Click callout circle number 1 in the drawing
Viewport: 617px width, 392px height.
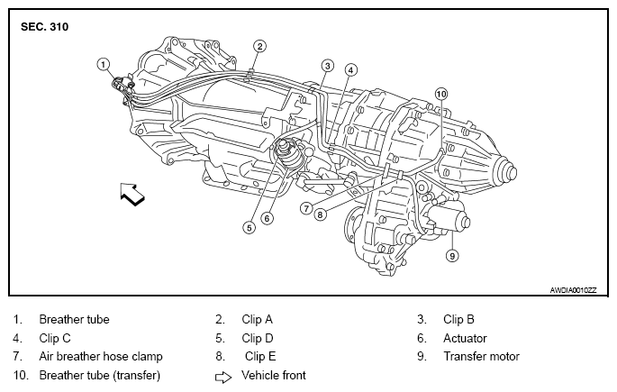click(x=103, y=64)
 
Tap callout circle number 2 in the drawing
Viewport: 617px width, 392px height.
click(x=259, y=47)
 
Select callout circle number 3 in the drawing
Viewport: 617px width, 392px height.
click(x=327, y=66)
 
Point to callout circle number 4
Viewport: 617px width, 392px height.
click(x=351, y=70)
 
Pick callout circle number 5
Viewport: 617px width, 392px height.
click(x=250, y=227)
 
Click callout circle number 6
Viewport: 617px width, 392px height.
click(x=267, y=218)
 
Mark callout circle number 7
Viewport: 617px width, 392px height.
click(x=306, y=208)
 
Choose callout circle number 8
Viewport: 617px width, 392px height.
click(x=321, y=214)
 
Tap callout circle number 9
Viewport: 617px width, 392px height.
click(x=452, y=256)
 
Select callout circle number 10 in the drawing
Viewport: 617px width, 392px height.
click(x=441, y=94)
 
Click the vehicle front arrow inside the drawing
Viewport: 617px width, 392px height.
click(x=132, y=194)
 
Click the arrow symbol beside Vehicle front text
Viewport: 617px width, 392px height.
click(x=223, y=378)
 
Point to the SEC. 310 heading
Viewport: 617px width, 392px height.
click(x=44, y=27)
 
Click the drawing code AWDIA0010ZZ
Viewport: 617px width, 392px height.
click(x=574, y=290)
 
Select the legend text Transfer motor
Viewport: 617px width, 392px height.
click(x=481, y=356)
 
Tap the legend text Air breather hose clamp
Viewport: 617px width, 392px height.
click(x=101, y=356)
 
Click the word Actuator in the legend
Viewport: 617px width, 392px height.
click(x=465, y=338)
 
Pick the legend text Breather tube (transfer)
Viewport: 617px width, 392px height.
click(x=100, y=375)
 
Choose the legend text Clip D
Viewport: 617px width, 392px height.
click(x=258, y=338)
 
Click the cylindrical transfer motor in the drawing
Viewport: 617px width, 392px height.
click(x=449, y=219)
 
